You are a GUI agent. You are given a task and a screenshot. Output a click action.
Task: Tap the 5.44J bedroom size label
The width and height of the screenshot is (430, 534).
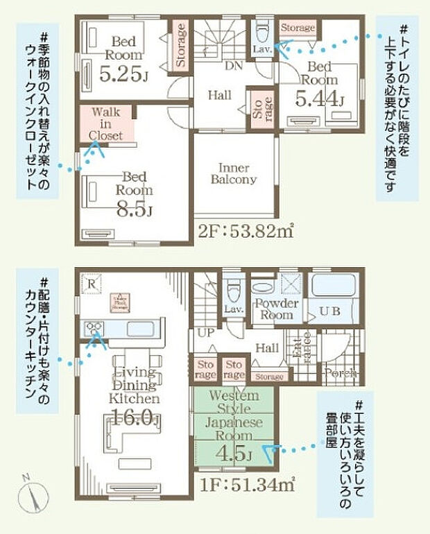tap(320, 98)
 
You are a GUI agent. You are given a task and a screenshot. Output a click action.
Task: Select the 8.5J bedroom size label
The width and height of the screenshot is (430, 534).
tap(135, 209)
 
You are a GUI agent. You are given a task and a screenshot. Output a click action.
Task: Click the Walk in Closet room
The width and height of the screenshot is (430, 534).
tap(106, 123)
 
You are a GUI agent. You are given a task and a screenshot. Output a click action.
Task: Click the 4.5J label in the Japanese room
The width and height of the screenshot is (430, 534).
tap(233, 454)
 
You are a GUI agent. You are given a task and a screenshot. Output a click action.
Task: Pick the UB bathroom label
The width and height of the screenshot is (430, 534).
tap(329, 311)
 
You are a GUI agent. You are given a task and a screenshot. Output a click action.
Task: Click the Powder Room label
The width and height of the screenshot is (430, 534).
tap(276, 309)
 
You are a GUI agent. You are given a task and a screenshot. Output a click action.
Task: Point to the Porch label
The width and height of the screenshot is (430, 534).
tap(340, 372)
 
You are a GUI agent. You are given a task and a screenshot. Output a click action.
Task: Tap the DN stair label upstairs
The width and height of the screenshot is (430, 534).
tap(234, 66)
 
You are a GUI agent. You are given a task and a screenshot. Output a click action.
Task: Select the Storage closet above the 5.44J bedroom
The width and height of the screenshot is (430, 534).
tap(298, 28)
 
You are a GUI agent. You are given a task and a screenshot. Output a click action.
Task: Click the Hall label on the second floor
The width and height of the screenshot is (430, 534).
tap(220, 96)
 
